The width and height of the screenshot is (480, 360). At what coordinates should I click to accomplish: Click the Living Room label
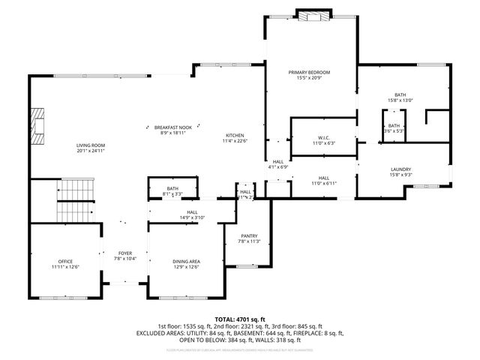pos(90,145)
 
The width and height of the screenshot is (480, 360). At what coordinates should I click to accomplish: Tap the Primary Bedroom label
pos(309,72)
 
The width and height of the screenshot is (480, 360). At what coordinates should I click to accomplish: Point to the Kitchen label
pos(235,135)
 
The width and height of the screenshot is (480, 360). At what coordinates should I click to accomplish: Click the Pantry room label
pos(249,235)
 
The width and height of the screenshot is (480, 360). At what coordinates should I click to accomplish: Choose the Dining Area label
pos(186,261)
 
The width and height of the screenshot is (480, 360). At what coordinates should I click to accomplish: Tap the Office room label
pos(65,261)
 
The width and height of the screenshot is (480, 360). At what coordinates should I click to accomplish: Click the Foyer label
pos(125,253)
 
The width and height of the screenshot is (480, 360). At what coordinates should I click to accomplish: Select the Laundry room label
pos(400,169)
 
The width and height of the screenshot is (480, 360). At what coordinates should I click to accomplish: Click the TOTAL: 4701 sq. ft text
pos(239,319)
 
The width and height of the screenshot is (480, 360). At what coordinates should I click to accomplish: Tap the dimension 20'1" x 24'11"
pos(90,151)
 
